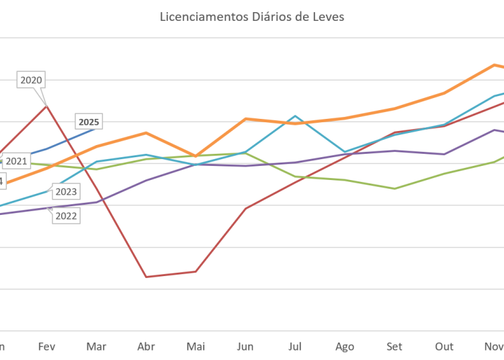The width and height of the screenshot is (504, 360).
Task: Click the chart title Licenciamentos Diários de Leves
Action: pyautogui.click(x=252, y=17)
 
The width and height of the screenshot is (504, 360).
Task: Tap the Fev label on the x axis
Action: pyautogui.click(x=46, y=347)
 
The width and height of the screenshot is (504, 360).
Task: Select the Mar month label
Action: pyautogui.click(x=96, y=347)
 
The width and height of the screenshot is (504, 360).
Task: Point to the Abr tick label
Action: pyautogui.click(x=146, y=347)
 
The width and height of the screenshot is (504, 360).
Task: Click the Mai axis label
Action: pyautogui.click(x=196, y=347)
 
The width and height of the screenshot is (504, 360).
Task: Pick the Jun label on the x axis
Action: pyautogui.click(x=245, y=347)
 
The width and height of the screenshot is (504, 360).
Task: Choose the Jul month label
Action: pyautogui.click(x=294, y=347)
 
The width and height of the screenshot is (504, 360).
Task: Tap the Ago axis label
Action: pyautogui.click(x=344, y=347)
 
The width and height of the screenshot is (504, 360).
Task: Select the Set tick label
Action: pyautogui.click(x=394, y=347)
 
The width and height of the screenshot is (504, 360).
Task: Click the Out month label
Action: pyautogui.click(x=444, y=347)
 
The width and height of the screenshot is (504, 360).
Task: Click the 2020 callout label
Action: pyautogui.click(x=32, y=80)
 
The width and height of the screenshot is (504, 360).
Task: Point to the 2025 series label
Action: pyautogui.click(x=89, y=122)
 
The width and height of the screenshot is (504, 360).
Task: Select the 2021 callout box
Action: pyautogui.click(x=16, y=161)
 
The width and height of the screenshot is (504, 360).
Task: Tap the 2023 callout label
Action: pyautogui.click(x=65, y=192)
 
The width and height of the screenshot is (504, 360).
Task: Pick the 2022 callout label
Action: pyautogui.click(x=65, y=216)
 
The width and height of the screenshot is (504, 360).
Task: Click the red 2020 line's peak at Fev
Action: pyautogui.click(x=46, y=105)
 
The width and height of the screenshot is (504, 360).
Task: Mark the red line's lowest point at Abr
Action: pyautogui.click(x=146, y=276)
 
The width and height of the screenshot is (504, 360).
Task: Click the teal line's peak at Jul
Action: pyautogui.click(x=294, y=116)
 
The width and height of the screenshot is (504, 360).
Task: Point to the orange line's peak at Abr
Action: pyautogui.click(x=146, y=132)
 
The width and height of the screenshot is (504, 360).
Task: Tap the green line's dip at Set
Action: pyautogui.click(x=395, y=188)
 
